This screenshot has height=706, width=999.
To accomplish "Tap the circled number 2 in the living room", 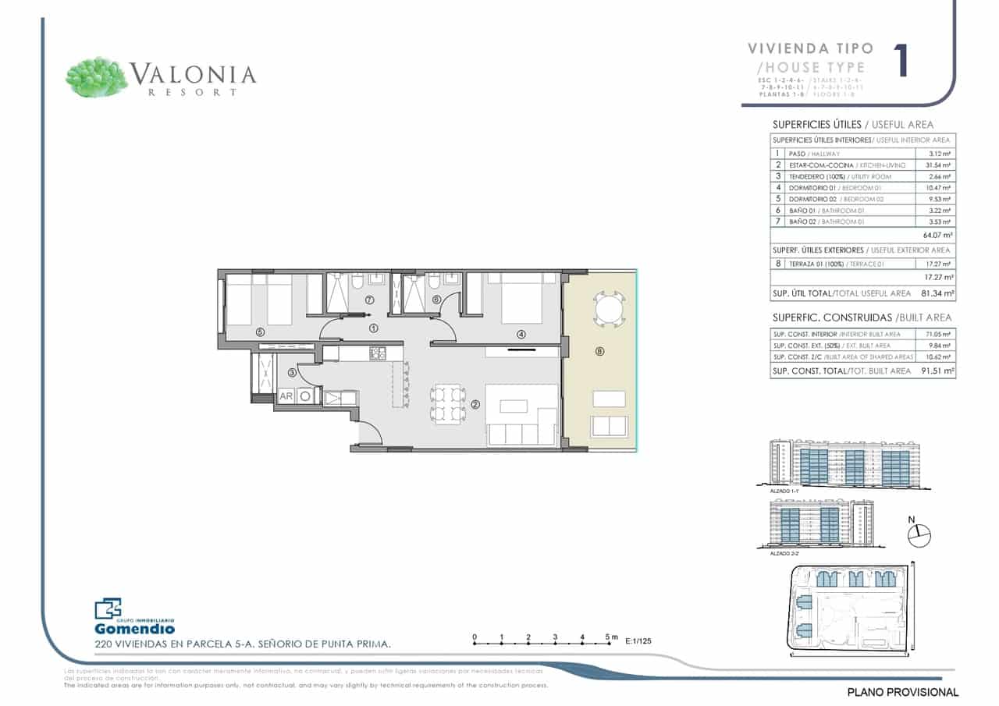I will tap(475, 405).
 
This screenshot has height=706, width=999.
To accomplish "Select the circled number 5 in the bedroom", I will tap(260, 332).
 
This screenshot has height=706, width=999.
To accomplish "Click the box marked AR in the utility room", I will tap(286, 396).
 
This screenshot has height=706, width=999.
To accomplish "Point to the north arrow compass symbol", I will tap(920, 534).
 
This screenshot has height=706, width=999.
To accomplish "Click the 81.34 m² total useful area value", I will tap(937, 293).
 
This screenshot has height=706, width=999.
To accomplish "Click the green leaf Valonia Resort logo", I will tap(97, 77).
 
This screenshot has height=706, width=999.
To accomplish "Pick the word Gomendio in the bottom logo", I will tap(134, 629).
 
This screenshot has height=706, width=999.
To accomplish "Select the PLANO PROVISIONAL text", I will tap(902, 692).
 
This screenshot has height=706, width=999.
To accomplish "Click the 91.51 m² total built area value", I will tap(937, 371).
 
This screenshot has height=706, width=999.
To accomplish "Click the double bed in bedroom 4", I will tap(521, 300).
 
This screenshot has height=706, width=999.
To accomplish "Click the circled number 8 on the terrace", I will tap(599, 352).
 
